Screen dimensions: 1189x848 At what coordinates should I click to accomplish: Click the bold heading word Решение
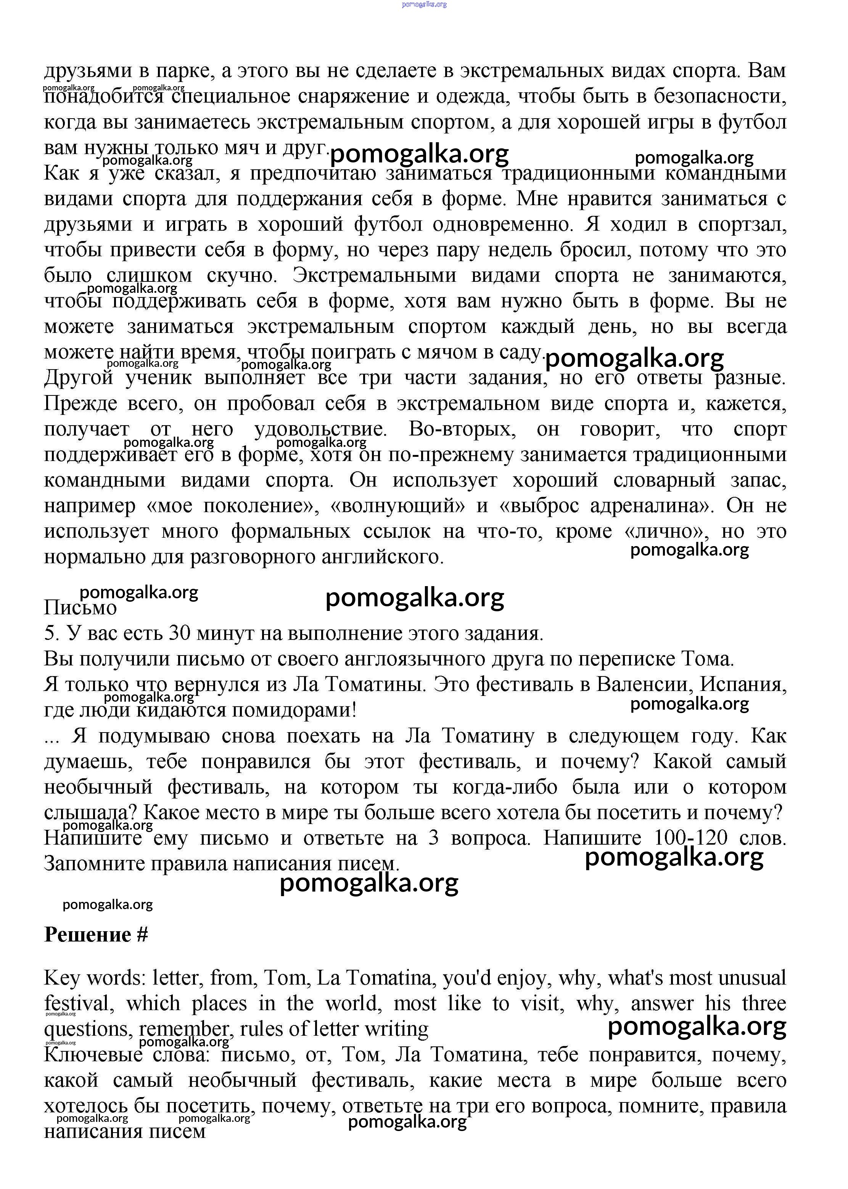(88, 934)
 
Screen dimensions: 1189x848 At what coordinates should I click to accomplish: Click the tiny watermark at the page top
(424, 5)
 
